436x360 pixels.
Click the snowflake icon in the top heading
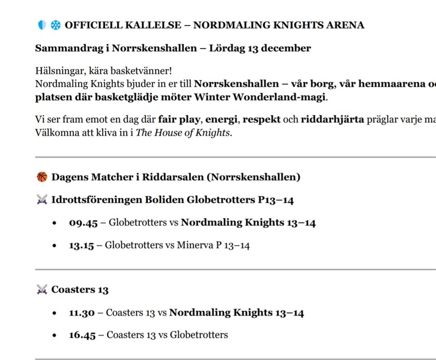(x=55, y=25)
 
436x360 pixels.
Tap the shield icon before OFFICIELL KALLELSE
(x=42, y=25)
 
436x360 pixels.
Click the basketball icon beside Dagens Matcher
(x=42, y=177)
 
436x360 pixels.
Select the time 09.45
(x=83, y=223)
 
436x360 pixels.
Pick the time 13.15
(x=81, y=245)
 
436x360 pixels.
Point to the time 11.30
(x=82, y=313)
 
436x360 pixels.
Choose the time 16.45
(x=82, y=335)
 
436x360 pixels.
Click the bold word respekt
(x=262, y=120)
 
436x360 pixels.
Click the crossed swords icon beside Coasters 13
(x=42, y=290)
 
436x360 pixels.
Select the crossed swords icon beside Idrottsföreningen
(x=42, y=200)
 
